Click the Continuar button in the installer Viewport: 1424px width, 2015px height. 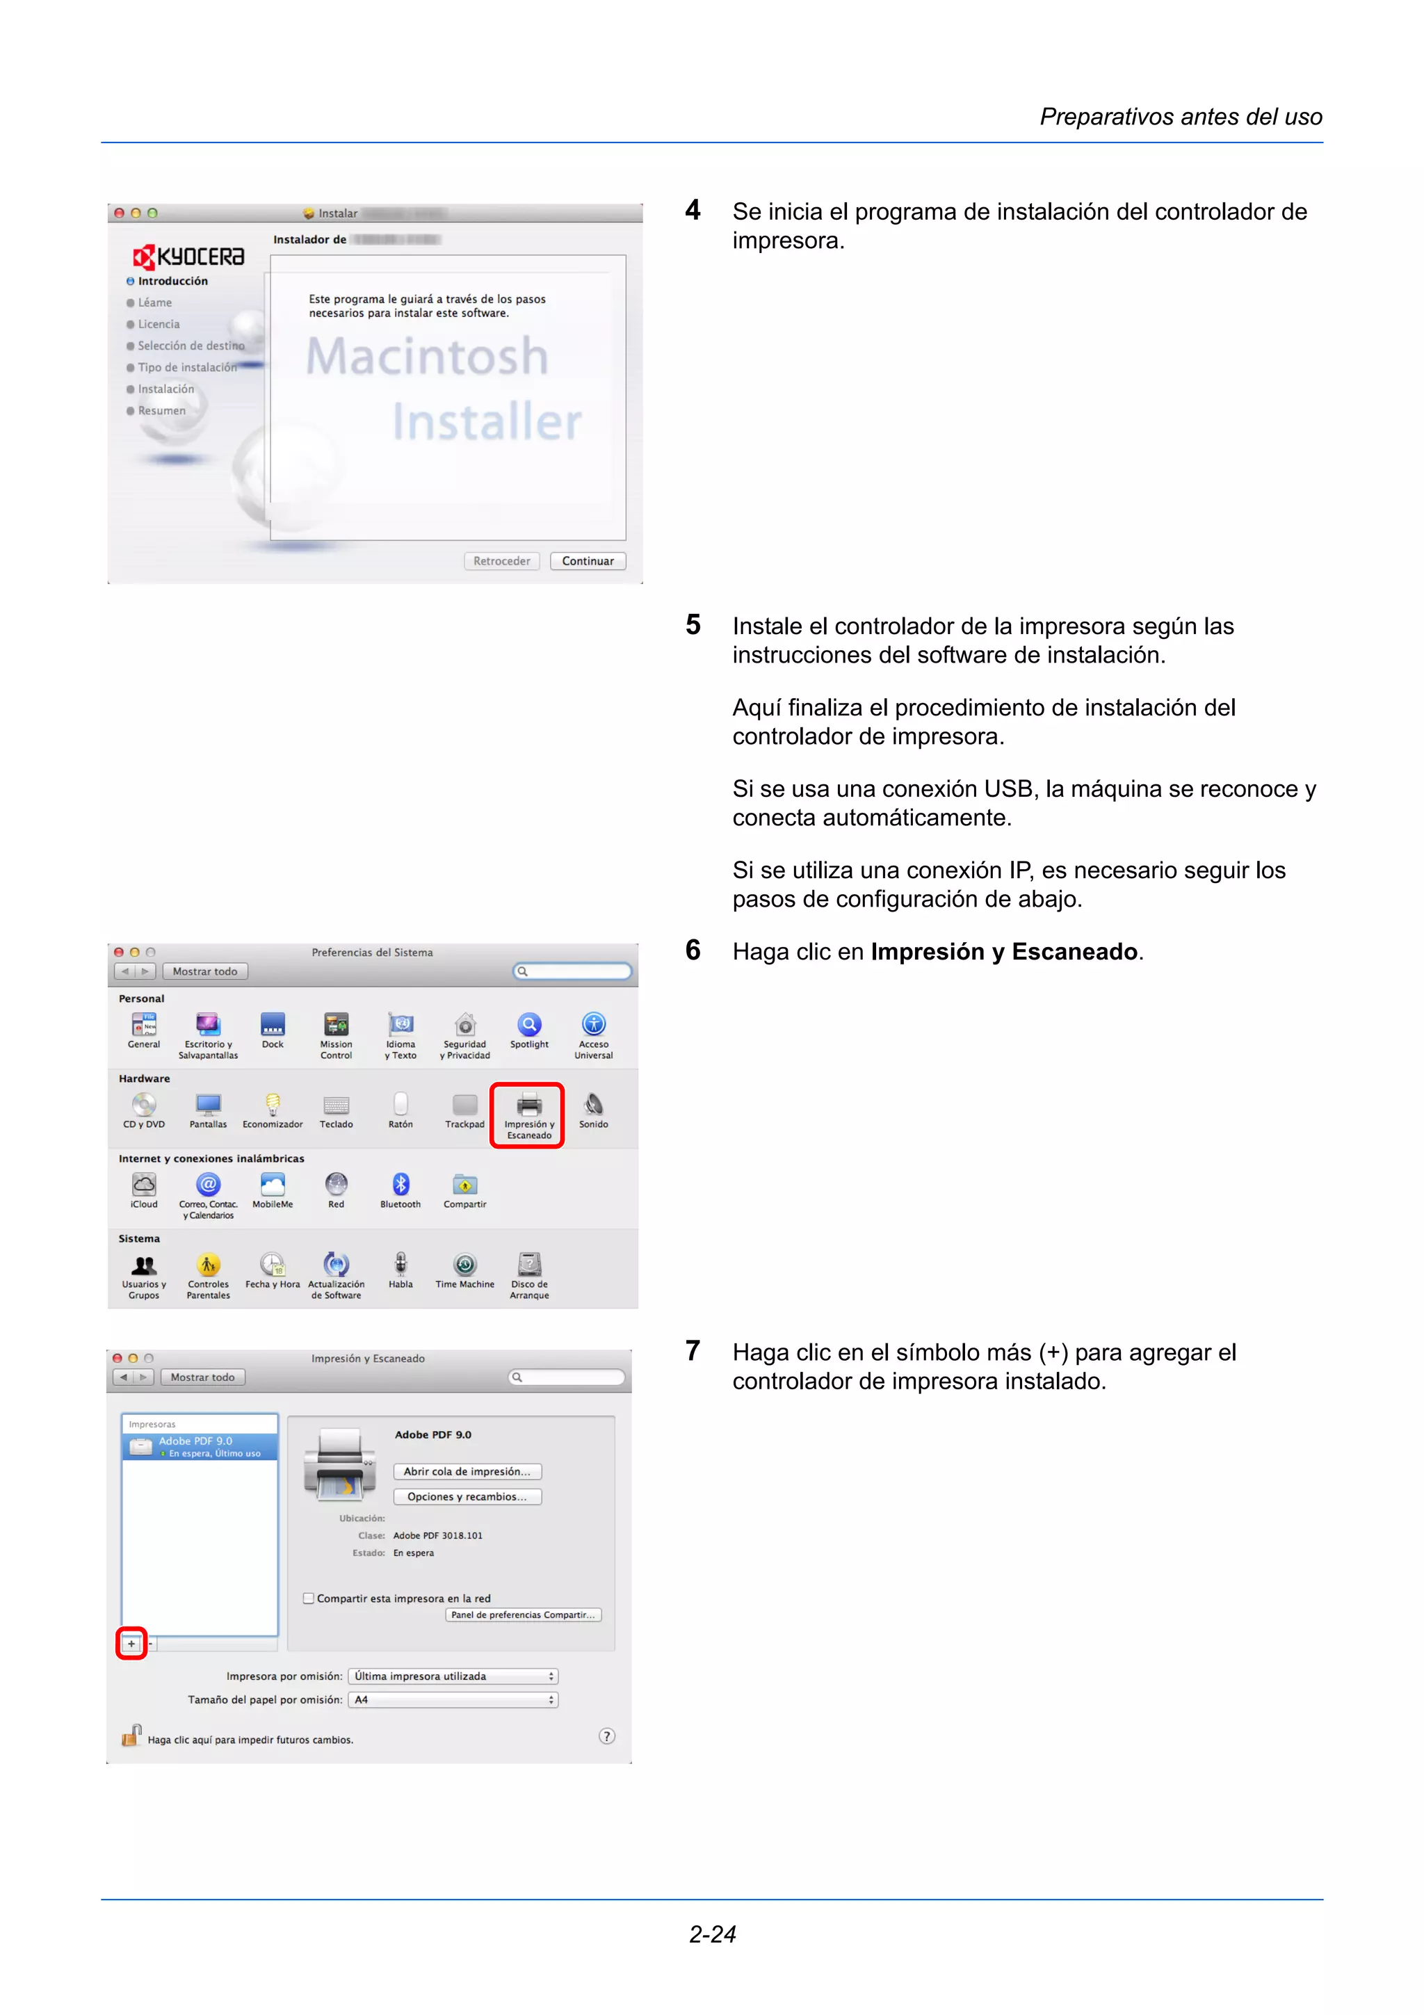click(x=587, y=561)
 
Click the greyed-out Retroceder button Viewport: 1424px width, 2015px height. click(x=501, y=561)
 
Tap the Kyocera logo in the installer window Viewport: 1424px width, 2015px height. click(x=188, y=257)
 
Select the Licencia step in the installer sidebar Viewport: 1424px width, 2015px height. click(x=158, y=324)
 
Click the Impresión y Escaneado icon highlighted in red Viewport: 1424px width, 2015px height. click(x=528, y=1112)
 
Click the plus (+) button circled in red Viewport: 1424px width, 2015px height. click(x=131, y=1643)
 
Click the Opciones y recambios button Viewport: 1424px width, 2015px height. click(x=467, y=1496)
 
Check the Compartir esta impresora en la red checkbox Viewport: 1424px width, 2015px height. click(x=309, y=1598)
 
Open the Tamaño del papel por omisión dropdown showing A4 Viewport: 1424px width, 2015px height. click(x=453, y=1700)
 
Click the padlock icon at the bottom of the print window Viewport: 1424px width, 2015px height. click(x=131, y=1736)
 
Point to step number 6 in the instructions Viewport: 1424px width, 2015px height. click(x=693, y=950)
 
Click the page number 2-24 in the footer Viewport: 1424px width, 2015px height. click(x=711, y=1934)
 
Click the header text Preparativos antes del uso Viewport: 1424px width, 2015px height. click(x=1180, y=117)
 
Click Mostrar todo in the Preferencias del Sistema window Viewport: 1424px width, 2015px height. click(x=204, y=971)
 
